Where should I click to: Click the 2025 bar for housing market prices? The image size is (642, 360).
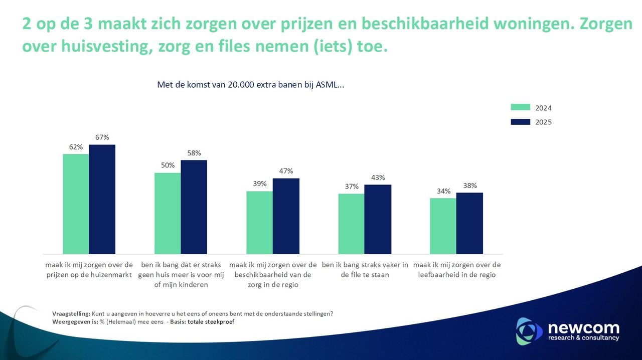coord(102,199)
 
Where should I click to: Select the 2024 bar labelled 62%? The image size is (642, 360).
coord(76,204)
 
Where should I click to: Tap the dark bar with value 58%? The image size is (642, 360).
coord(194,207)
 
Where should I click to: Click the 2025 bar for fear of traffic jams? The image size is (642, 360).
coord(378,219)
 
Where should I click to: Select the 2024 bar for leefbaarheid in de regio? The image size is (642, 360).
coord(443,226)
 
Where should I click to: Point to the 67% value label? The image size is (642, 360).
coord(102,137)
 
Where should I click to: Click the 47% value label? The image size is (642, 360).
coord(285,171)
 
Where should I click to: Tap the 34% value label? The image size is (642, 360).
coord(443,191)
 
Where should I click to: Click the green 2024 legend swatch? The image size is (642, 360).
coord(520,107)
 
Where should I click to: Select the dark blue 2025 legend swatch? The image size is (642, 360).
coord(520,122)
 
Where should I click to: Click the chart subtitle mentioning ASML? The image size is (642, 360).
coord(250,85)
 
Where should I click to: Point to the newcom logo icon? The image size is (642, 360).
coord(529,331)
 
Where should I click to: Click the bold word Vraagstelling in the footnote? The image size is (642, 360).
coord(71,314)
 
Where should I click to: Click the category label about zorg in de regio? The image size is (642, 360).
coord(273,275)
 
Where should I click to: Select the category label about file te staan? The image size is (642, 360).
coord(365,270)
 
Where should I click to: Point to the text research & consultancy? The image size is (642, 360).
coord(583,338)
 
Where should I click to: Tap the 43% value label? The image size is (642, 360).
coord(378,177)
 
